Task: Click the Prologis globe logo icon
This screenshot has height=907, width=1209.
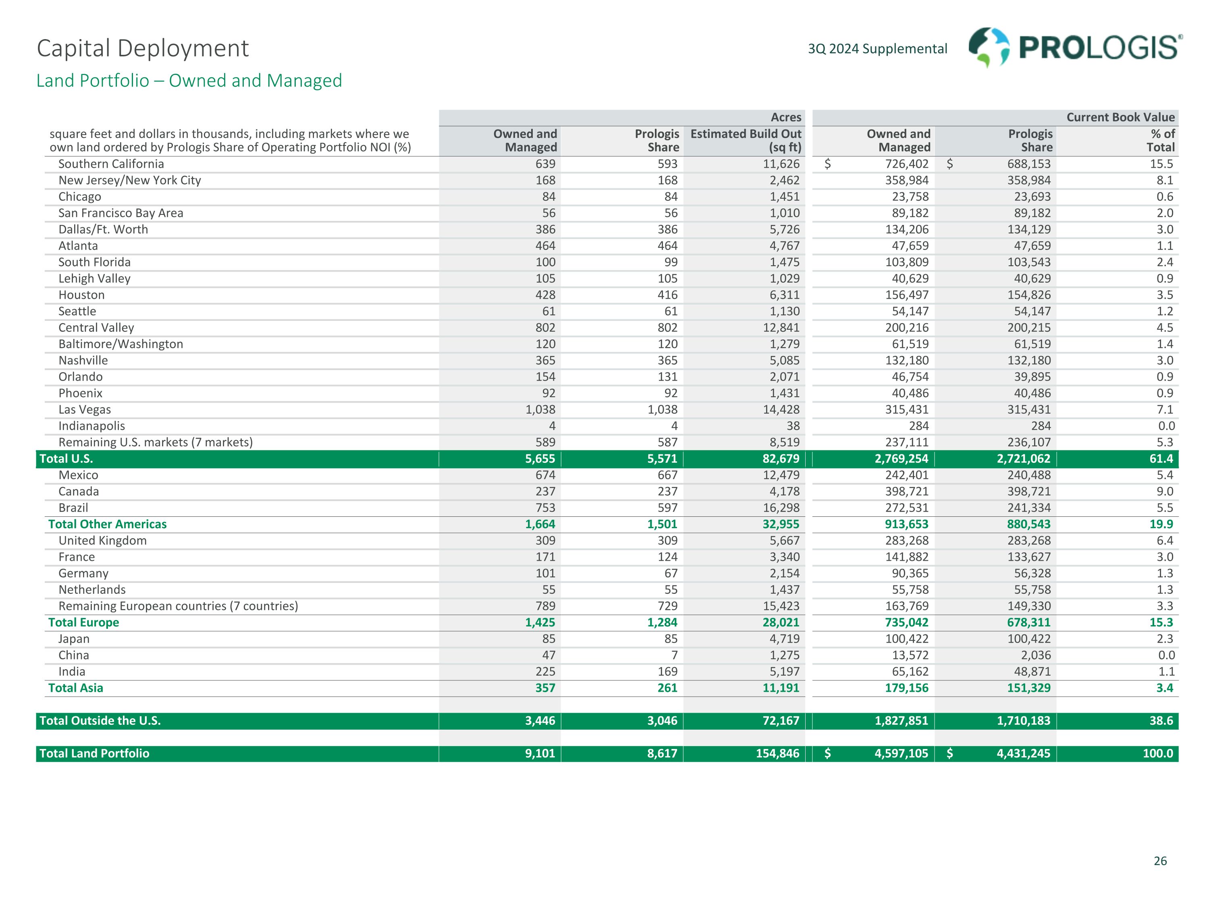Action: [989, 48]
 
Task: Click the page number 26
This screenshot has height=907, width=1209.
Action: [1160, 861]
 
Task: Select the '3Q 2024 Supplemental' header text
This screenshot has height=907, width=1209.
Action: [877, 49]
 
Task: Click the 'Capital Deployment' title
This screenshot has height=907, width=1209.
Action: [143, 48]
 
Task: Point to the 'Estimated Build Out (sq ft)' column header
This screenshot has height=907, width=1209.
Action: [746, 141]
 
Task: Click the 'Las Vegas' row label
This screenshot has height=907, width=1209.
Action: [85, 410]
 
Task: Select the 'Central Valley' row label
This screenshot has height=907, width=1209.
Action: [96, 327]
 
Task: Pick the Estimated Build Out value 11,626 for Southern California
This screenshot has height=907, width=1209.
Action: [781, 164]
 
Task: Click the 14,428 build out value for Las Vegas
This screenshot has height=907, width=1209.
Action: [781, 410]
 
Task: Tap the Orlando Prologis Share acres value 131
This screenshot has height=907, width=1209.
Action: [667, 377]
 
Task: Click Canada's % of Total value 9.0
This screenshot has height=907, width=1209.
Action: [1164, 491]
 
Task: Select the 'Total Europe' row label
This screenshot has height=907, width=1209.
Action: [84, 622]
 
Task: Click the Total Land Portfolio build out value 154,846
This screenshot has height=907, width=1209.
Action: [777, 753]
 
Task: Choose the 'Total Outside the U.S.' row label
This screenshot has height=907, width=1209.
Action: [100, 721]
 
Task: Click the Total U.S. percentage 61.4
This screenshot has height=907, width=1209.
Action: [1161, 459]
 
